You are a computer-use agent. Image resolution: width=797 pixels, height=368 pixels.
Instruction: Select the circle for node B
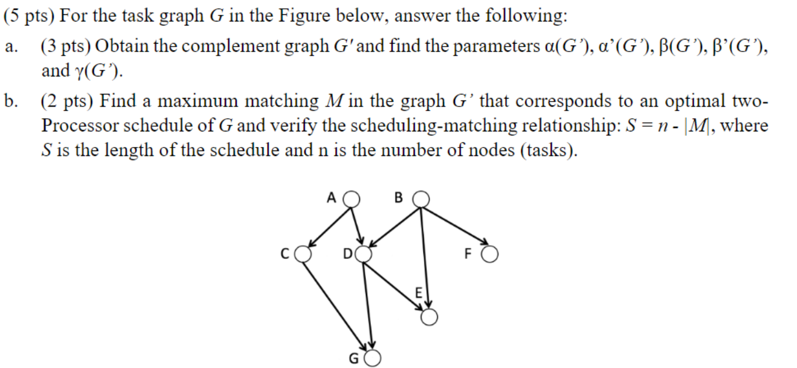tap(422, 198)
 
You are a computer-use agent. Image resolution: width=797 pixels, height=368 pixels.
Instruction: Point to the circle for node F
tap(490, 255)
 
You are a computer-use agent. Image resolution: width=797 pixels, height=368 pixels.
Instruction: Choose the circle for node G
tap(372, 358)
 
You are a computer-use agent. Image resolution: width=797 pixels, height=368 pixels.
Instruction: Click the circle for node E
tap(429, 318)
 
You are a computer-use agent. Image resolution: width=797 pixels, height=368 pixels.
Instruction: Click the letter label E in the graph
tap(419, 293)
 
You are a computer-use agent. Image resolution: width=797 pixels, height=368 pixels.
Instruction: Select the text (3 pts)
tap(65, 46)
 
